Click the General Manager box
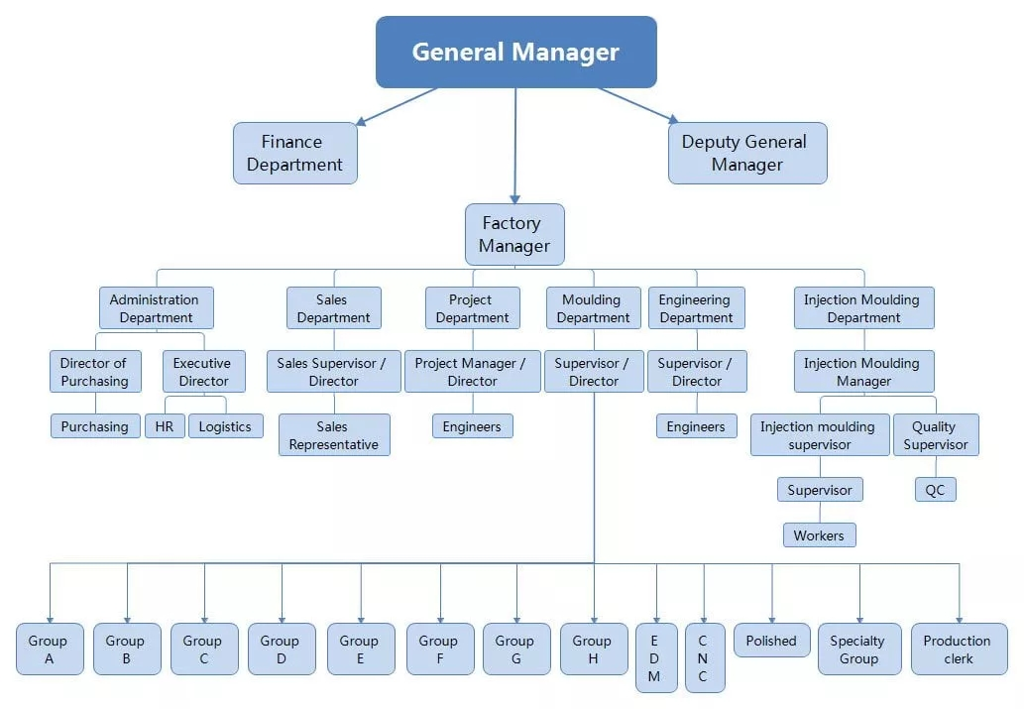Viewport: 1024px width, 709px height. tap(515, 52)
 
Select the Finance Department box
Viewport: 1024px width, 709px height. tap(294, 153)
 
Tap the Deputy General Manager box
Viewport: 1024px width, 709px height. tap(746, 153)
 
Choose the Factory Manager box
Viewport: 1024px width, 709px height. tap(514, 234)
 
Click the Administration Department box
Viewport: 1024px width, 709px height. tap(156, 308)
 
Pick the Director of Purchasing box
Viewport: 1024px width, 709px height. tap(94, 372)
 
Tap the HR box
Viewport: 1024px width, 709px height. tap(165, 426)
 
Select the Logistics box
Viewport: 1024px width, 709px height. tap(225, 426)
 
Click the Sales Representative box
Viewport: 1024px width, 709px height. tap(334, 435)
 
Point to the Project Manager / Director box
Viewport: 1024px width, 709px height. tap(472, 372)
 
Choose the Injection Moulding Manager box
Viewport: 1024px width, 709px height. tap(862, 372)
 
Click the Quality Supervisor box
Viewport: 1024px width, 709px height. tap(935, 435)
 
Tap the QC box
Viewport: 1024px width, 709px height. tap(935, 490)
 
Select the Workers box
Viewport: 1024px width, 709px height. tap(819, 535)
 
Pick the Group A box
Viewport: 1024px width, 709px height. tap(48, 650)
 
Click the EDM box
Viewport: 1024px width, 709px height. tap(654, 657)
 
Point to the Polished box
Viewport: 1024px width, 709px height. tap(771, 641)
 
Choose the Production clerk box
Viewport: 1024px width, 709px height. tap(958, 650)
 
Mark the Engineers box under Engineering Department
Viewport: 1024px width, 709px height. tap(696, 426)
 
